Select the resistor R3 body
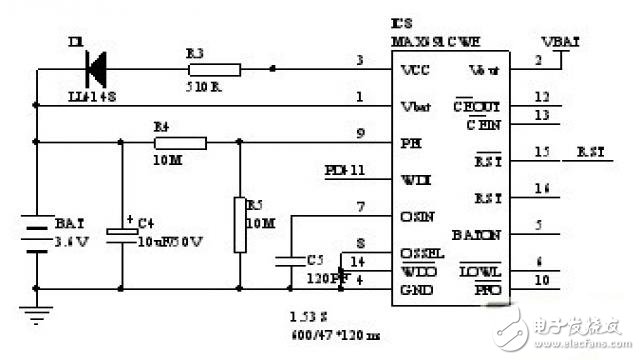pos(214,69)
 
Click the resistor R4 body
pos(181,143)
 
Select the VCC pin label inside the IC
pos(414,72)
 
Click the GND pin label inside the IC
pos(414,289)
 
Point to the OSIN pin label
pos(417,215)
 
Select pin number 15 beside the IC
pos(543,151)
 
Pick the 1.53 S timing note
pos(301,313)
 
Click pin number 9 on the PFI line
pos(359,134)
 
